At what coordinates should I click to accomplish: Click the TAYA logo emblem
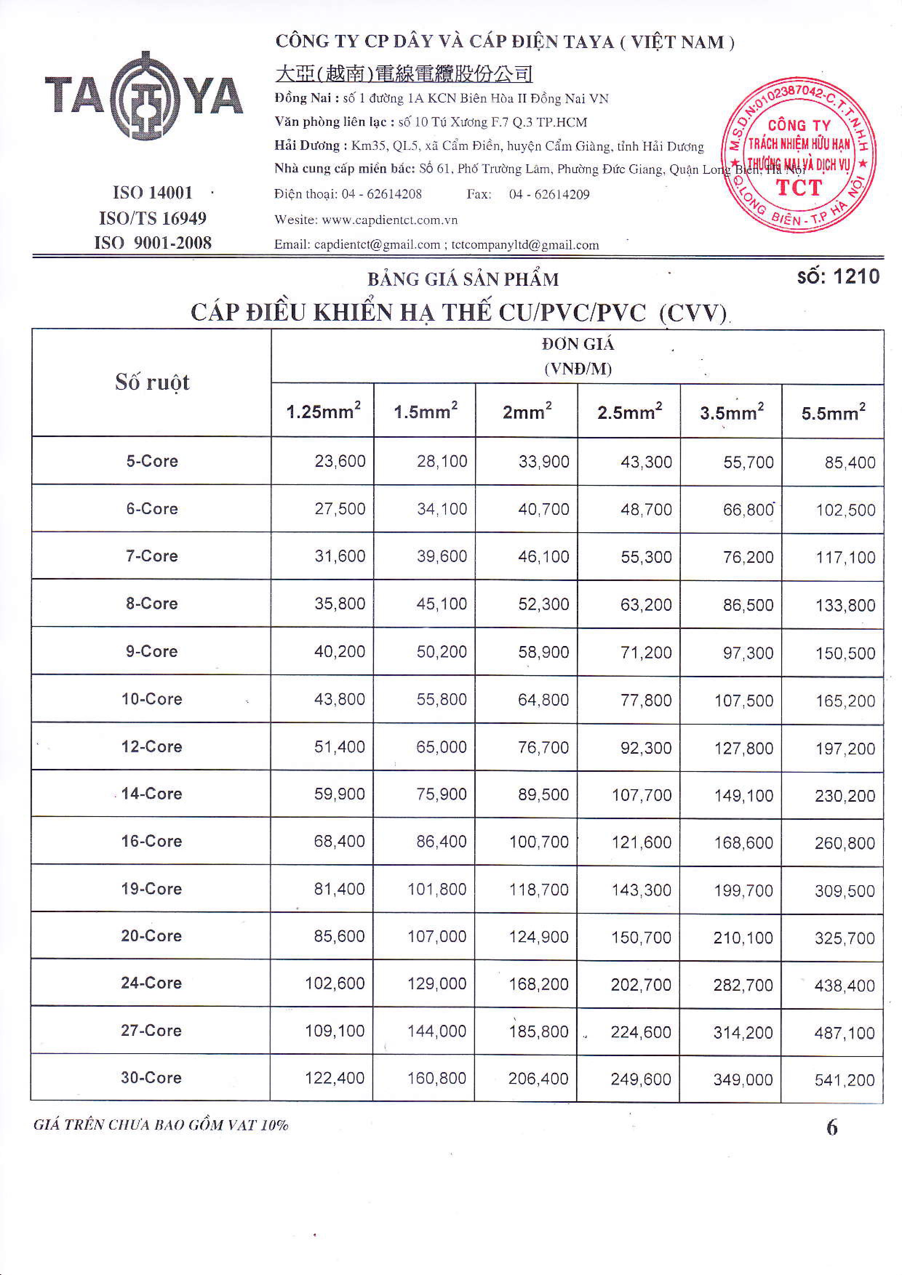click(x=143, y=96)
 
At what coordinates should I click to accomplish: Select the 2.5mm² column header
click(x=629, y=412)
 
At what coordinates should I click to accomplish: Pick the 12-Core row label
click(x=152, y=746)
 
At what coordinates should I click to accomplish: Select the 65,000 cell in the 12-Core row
click(x=441, y=747)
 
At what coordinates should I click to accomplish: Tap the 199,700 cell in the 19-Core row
click(x=743, y=890)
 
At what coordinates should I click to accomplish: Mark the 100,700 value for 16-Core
click(x=539, y=842)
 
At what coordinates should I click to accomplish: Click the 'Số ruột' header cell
click(x=152, y=382)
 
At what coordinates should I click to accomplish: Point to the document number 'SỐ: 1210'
click(x=838, y=277)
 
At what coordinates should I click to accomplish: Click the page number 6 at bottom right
click(x=831, y=1127)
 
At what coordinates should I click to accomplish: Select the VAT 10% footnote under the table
click(x=161, y=1125)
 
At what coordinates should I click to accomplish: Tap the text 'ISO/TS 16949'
click(x=153, y=218)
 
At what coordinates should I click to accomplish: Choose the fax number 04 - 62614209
click(x=549, y=195)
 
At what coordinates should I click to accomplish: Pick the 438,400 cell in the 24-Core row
click(x=844, y=986)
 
